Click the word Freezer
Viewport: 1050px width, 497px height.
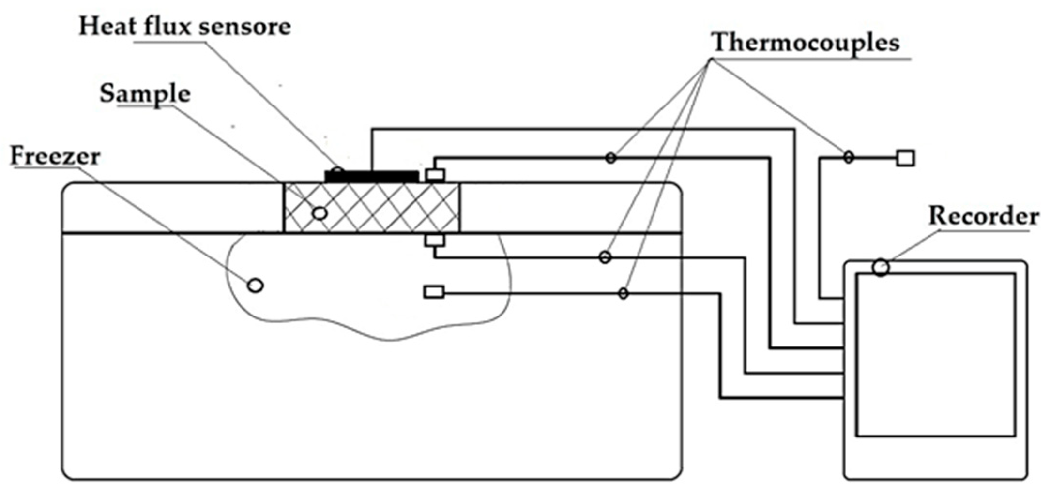(x=55, y=156)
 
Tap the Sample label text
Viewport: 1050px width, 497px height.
(x=145, y=93)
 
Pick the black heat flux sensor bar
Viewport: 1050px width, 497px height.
(x=372, y=176)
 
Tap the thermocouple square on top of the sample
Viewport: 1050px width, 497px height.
(x=435, y=175)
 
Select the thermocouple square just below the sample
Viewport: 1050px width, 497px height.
(x=435, y=240)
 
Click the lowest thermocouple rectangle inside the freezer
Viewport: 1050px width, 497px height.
(x=434, y=292)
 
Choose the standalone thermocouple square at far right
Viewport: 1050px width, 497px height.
(x=905, y=158)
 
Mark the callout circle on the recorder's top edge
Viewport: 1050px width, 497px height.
(x=881, y=267)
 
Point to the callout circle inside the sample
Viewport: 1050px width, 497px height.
(x=320, y=213)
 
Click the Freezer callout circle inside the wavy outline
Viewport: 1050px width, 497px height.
(x=255, y=285)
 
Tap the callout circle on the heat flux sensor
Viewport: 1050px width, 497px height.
(x=337, y=172)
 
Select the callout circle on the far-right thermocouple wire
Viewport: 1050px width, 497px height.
(x=848, y=157)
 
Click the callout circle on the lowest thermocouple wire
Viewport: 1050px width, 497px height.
(x=624, y=293)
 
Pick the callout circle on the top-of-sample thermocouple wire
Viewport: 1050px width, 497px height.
(x=611, y=157)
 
